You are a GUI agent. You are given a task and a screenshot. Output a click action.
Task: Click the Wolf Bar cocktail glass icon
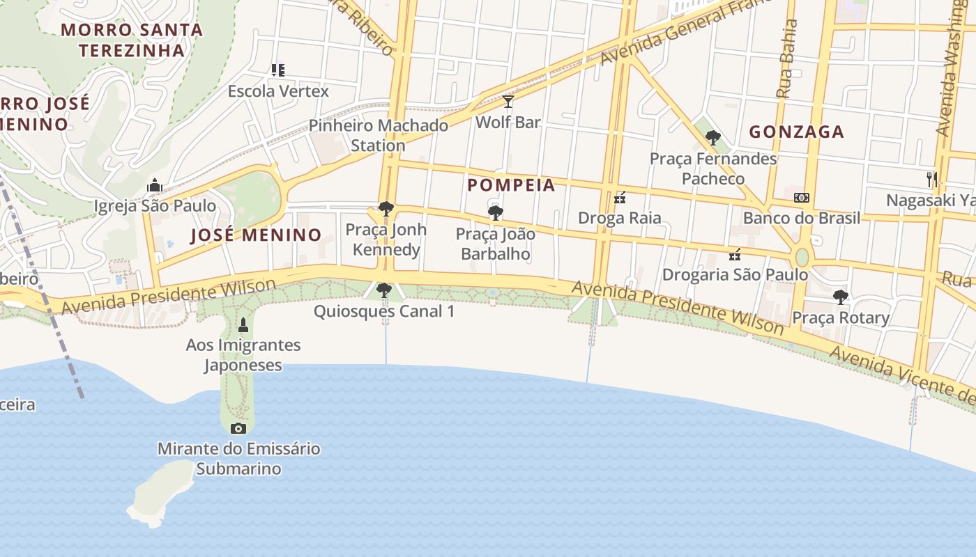(x=508, y=102)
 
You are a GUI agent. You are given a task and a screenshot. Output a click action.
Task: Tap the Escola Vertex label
(x=278, y=91)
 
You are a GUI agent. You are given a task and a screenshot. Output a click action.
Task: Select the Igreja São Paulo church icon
(x=155, y=185)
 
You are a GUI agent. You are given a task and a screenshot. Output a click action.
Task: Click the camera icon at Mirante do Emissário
(x=238, y=428)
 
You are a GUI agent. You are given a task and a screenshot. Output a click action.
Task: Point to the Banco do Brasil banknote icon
(x=802, y=198)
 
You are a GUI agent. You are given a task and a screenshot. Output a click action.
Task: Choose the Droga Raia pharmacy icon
(x=620, y=198)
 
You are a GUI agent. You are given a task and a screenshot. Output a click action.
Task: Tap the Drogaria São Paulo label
(x=735, y=274)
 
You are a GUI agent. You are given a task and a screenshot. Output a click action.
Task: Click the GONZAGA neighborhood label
(x=796, y=132)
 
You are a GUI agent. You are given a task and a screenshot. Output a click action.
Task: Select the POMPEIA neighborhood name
(x=511, y=185)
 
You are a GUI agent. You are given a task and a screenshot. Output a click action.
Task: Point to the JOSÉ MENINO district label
(x=256, y=235)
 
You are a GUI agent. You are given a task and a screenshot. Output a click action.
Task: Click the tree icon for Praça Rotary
(x=841, y=297)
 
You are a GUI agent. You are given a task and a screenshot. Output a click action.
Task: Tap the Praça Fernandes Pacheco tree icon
(x=712, y=138)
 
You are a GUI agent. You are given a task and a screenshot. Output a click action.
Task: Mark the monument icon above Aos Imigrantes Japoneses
(x=243, y=324)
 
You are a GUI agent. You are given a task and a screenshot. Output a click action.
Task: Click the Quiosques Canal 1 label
(x=384, y=311)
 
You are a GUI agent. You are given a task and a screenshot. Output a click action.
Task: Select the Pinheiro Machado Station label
(x=378, y=136)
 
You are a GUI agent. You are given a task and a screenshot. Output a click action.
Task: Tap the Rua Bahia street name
(x=787, y=58)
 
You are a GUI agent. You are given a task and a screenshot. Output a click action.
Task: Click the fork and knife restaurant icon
(x=932, y=179)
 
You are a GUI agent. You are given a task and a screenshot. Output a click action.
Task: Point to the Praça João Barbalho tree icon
(x=496, y=213)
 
